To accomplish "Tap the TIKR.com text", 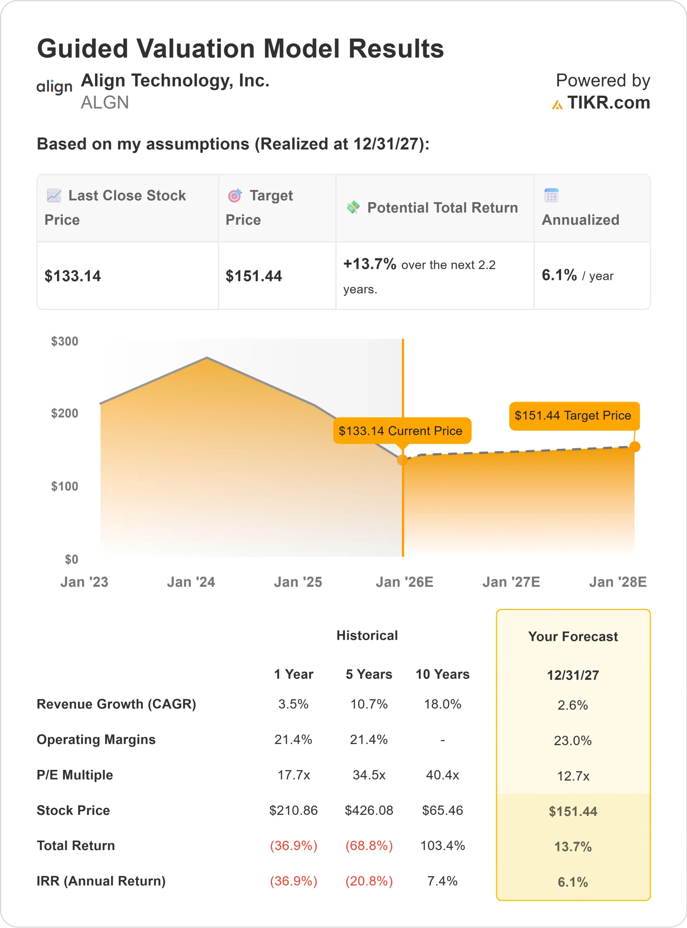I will [x=608, y=103].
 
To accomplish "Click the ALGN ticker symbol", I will [x=105, y=103].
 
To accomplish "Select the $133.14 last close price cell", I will [x=73, y=276].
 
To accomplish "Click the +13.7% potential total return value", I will [x=370, y=264].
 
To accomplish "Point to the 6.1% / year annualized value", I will [x=577, y=275].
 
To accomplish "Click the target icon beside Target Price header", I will [x=235, y=195].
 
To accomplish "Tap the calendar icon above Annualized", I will [x=551, y=195].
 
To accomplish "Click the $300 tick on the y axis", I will [x=65, y=341].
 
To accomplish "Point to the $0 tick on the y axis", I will [x=71, y=559].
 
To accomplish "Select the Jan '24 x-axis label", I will [x=191, y=582].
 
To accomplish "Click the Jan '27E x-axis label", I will [x=511, y=582].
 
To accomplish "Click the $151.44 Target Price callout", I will [x=574, y=415].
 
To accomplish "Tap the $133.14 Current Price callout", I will [x=401, y=431].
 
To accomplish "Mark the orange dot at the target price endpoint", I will [x=634, y=447].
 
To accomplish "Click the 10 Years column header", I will [x=443, y=674].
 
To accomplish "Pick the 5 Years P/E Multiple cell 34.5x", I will [x=369, y=775].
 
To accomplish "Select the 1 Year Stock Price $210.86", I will [x=293, y=810].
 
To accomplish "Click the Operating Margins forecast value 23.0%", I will [x=573, y=741].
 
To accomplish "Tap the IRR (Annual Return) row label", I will [x=101, y=881].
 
